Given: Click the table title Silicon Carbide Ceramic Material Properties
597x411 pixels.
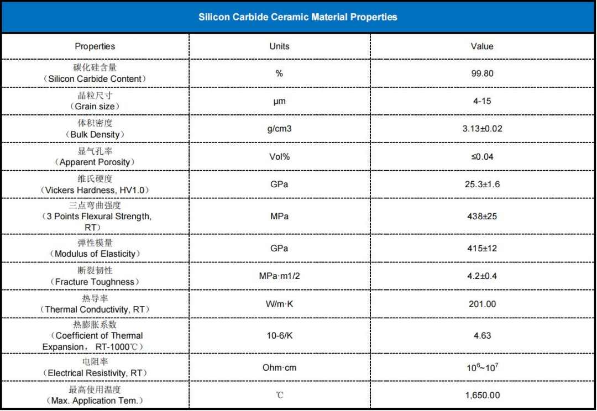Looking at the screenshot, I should coord(298,17).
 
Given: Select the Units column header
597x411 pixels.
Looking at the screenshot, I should coord(279,46).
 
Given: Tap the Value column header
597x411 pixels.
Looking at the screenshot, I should coord(482,46).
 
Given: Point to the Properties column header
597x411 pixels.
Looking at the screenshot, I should coord(95,46).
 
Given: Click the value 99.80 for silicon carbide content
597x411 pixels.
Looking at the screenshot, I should coord(482,73).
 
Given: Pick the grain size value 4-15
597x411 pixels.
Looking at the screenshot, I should coord(482,101).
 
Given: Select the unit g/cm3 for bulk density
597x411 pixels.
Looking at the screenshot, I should coord(279,129).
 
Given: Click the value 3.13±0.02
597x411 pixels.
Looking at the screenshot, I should coord(482,129).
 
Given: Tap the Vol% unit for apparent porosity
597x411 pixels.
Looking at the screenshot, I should coord(279,156).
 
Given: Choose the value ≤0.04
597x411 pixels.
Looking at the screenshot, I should coord(482,156).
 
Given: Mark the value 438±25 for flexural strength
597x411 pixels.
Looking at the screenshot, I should coord(482,216).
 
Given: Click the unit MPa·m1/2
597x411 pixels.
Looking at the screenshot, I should coord(279,276).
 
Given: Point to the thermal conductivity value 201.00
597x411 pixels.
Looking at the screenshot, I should coord(482,304).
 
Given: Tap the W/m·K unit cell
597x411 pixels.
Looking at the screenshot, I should coord(279,304).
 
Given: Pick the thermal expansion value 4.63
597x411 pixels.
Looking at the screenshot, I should coord(482,335).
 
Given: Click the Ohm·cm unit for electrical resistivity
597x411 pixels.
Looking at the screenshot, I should coord(279,367).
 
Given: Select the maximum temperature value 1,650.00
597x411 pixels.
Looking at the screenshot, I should coord(482,395).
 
